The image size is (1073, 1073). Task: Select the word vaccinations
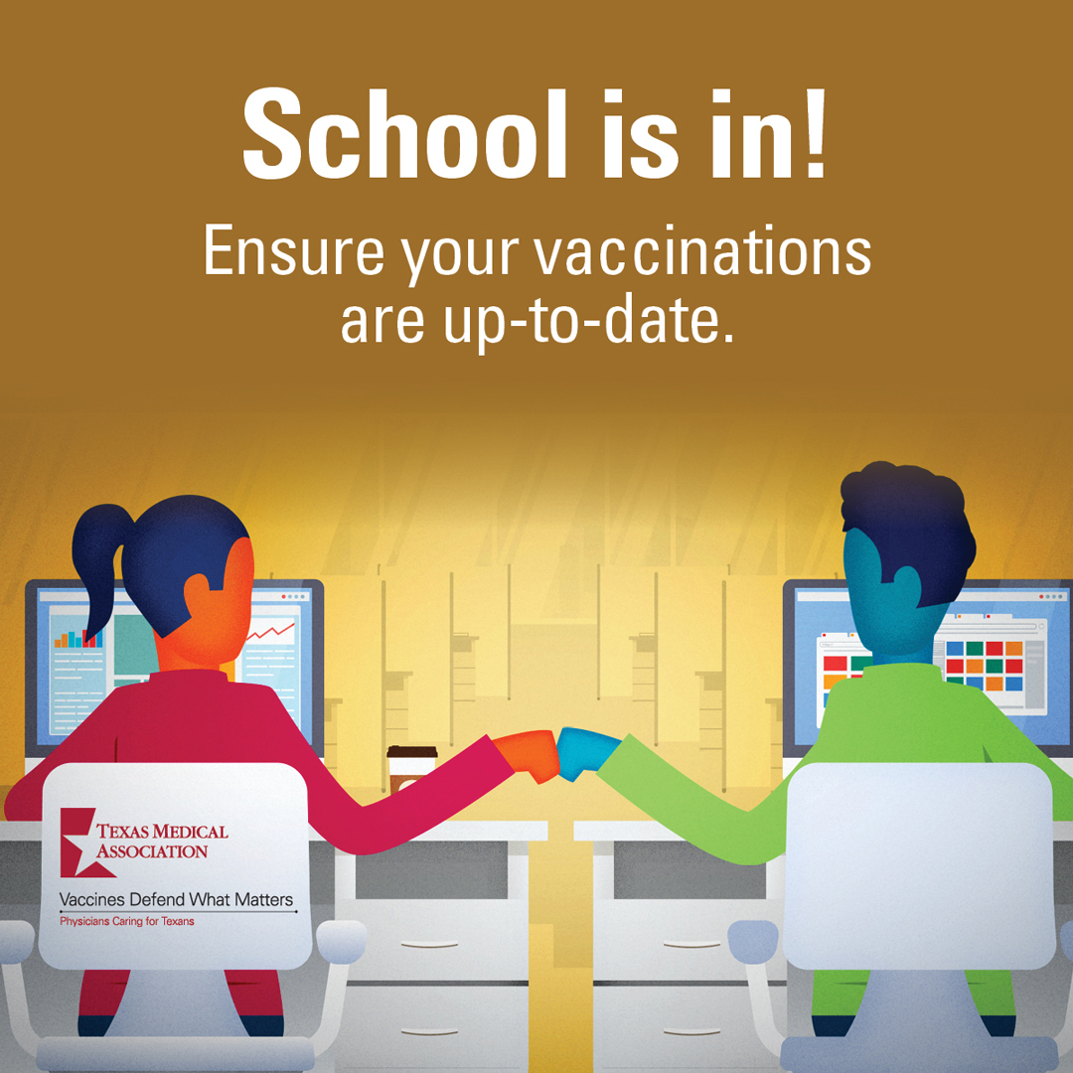coord(701,250)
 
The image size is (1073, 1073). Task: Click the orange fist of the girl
coord(528,754)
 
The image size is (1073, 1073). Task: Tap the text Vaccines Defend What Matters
coord(176,899)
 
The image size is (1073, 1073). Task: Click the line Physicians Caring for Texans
coord(126,921)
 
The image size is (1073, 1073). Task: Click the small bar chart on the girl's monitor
coord(78,639)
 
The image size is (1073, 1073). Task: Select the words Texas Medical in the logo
coord(162,832)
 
